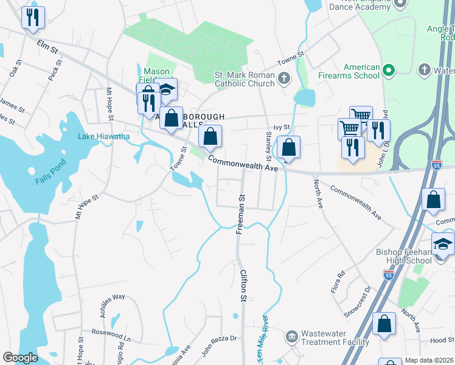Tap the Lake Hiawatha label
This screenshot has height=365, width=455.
[103, 136]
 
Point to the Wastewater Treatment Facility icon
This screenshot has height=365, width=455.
[292, 336]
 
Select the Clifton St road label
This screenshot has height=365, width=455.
[243, 287]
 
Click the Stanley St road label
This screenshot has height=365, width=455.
[268, 142]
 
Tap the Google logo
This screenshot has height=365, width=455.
[20, 358]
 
